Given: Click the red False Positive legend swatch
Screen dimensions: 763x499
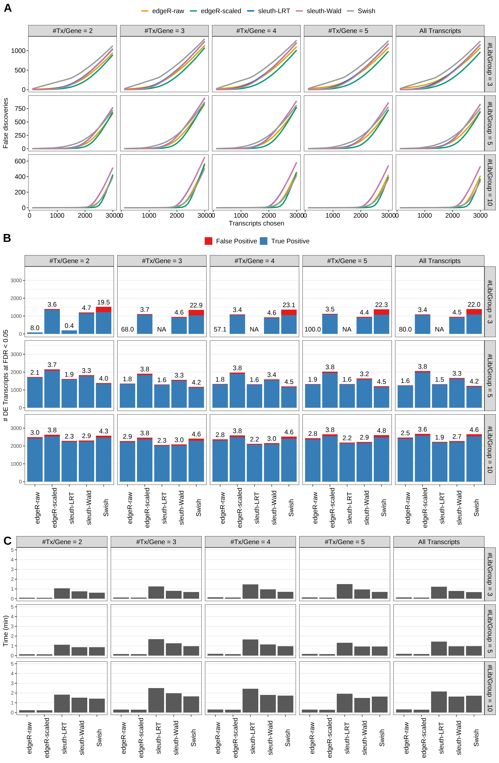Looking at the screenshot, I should (x=208, y=241).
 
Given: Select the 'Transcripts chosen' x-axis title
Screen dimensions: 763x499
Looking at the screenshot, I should (x=256, y=223).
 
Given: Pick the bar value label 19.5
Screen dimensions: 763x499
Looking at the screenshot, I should (x=103, y=302).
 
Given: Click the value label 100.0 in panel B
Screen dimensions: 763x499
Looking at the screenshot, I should (x=312, y=329).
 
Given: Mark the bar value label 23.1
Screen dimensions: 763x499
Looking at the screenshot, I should (x=289, y=305).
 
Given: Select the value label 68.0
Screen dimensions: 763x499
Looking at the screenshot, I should (x=127, y=329).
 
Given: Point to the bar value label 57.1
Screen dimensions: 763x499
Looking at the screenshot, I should (x=220, y=329).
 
